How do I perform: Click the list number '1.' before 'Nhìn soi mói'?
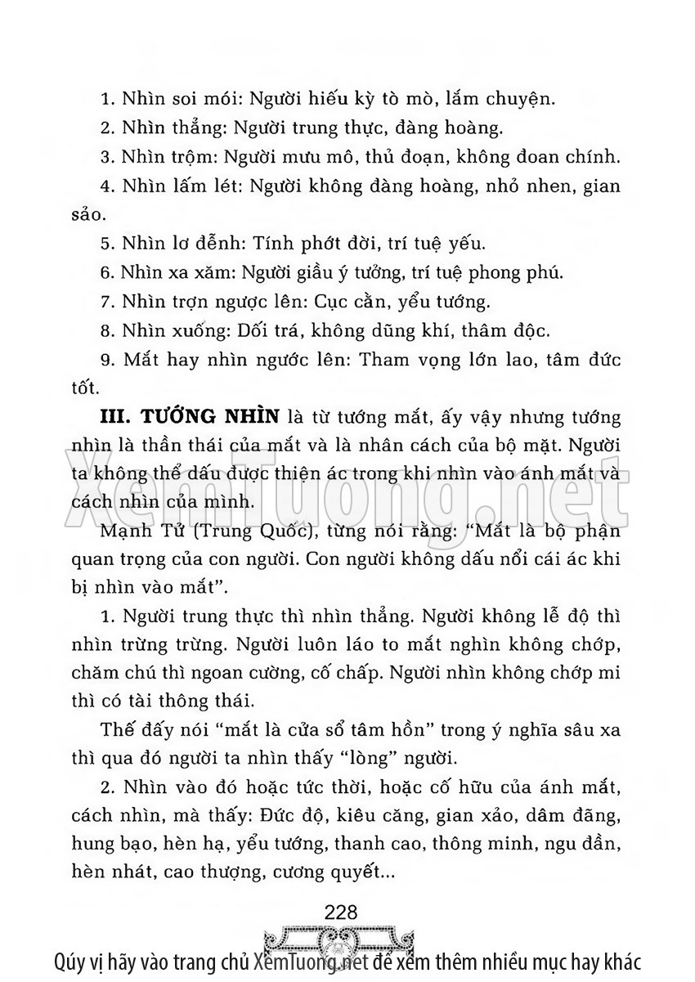point(106,101)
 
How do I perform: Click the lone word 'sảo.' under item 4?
point(88,214)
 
